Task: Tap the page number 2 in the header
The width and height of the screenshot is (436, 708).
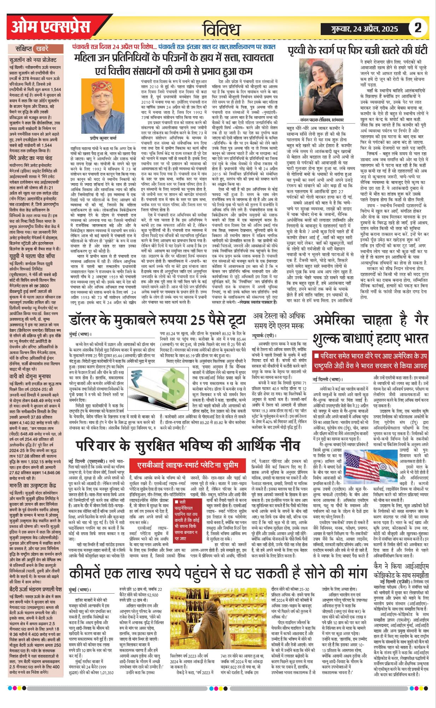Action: coord(418,28)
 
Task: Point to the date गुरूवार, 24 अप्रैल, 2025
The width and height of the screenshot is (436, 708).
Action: coord(365,29)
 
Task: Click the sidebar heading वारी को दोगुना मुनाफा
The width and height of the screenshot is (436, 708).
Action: coord(30,376)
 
